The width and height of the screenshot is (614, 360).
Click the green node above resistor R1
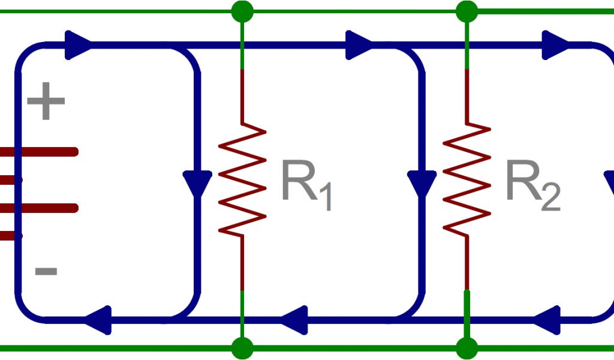coord(242,11)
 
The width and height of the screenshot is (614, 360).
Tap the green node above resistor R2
coord(466,11)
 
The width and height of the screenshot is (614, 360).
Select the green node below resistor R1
coord(242,347)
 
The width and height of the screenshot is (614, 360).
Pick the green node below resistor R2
coord(466,347)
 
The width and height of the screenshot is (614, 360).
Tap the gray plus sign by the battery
coord(46,103)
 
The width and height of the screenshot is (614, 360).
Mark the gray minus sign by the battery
coord(46,272)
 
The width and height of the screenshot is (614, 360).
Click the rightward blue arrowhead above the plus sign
coord(78,44)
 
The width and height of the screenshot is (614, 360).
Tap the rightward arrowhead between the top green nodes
coord(360,44)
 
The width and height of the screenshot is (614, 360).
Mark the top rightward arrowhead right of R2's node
coord(555,44)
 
